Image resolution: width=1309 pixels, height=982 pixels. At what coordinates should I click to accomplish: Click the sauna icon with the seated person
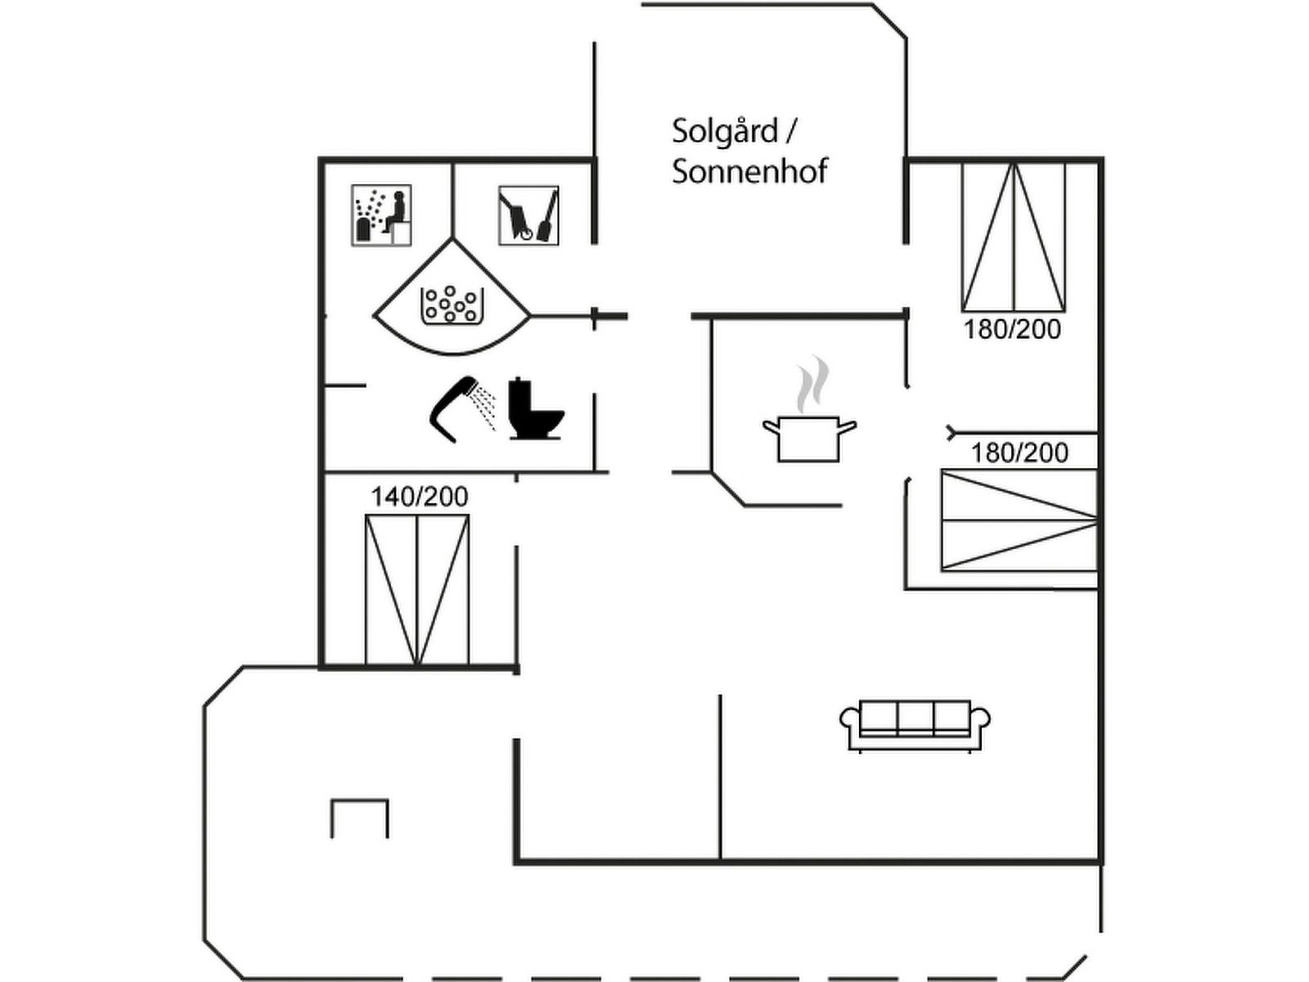pyautogui.click(x=381, y=214)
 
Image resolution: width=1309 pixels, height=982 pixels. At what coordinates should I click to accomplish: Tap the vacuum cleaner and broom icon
pyautogui.click(x=529, y=214)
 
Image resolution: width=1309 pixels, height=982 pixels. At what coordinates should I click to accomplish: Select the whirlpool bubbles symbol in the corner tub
pyautogui.click(x=452, y=305)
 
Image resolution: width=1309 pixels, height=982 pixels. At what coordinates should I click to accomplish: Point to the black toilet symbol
pyautogui.click(x=536, y=408)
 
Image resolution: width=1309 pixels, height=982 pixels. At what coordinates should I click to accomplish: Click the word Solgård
pyautogui.click(x=725, y=131)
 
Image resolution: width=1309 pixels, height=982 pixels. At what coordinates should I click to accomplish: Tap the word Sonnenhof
pyautogui.click(x=749, y=171)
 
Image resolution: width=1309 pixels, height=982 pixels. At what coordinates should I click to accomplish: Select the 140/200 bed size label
pyautogui.click(x=419, y=497)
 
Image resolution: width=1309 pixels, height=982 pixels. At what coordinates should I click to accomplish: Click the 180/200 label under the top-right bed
pyautogui.click(x=1013, y=329)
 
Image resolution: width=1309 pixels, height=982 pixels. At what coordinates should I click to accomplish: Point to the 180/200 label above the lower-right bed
pyautogui.click(x=1019, y=453)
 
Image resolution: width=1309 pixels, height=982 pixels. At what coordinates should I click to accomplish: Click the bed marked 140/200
pyautogui.click(x=417, y=590)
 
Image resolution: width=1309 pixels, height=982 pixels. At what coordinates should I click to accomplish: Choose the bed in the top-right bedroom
pyautogui.click(x=1013, y=236)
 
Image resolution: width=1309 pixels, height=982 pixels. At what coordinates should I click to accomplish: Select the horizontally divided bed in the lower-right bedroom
pyautogui.click(x=1019, y=520)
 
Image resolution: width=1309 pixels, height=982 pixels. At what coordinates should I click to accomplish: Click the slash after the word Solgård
pyautogui.click(x=790, y=131)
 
